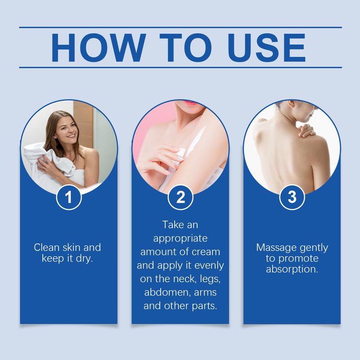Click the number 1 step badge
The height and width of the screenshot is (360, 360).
coord(68,198)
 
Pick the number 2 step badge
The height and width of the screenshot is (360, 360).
coord(180,198)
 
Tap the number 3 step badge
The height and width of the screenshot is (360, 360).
coord(292,198)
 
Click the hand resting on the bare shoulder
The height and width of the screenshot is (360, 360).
coord(307,130)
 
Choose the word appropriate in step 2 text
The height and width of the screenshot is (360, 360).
coord(180,238)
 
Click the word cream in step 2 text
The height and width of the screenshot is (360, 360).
coord(207,251)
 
